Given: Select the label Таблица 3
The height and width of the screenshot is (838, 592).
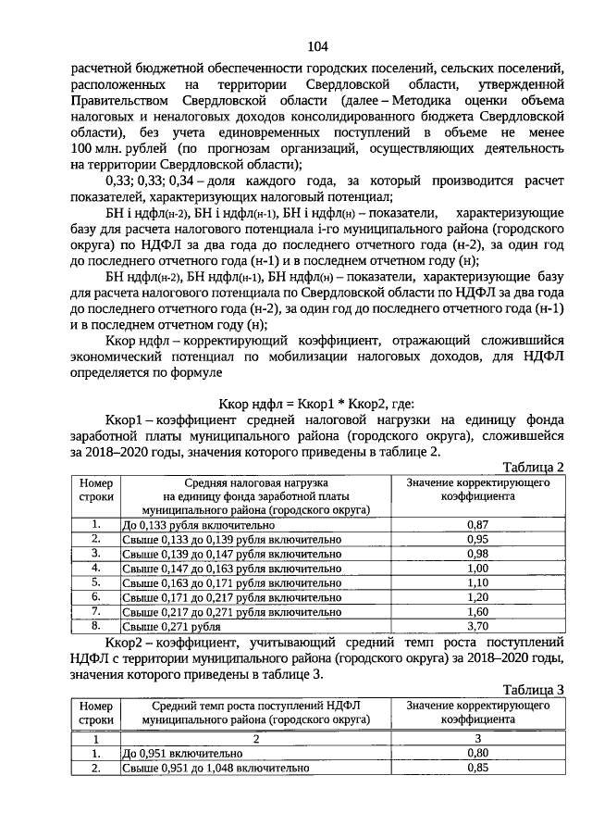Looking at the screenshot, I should pyautogui.click(x=533, y=689).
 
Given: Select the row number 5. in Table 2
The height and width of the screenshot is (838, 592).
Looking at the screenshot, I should pyautogui.click(x=95, y=582).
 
